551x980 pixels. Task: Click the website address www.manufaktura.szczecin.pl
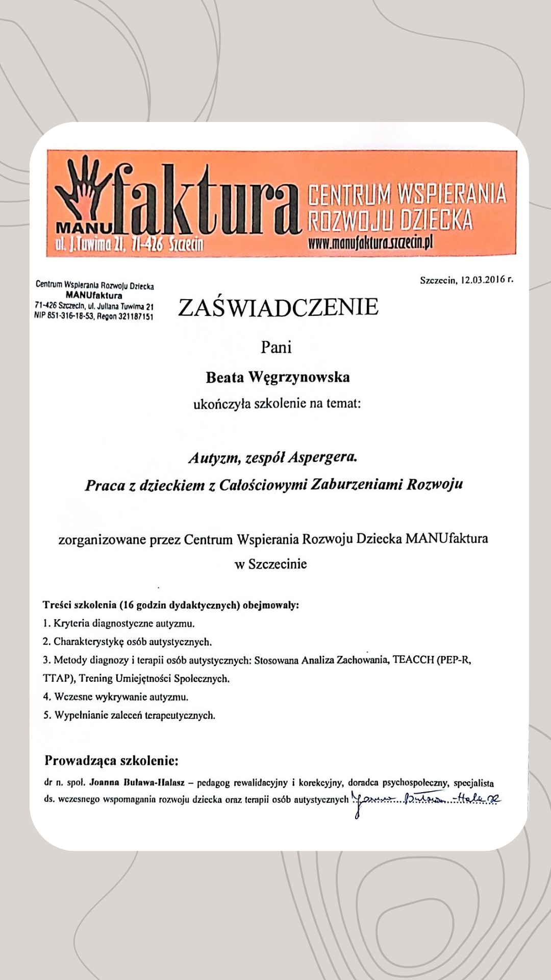tap(370, 242)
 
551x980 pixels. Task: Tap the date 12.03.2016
tap(483, 280)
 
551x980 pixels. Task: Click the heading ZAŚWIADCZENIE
tap(278, 307)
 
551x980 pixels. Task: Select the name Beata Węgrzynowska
tap(278, 377)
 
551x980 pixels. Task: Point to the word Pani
tap(276, 347)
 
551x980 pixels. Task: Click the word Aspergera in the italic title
tap(322, 457)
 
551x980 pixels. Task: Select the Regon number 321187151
tap(135, 316)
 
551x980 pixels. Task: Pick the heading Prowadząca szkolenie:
tap(111, 761)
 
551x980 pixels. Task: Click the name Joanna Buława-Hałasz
tap(137, 782)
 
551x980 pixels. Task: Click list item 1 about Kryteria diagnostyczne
tap(118, 623)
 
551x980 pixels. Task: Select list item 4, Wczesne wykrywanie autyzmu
tap(115, 697)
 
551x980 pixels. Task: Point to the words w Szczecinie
tap(270, 564)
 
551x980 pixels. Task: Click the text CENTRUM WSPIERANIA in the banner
tap(407, 194)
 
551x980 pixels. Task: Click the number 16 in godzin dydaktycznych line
tap(128, 605)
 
